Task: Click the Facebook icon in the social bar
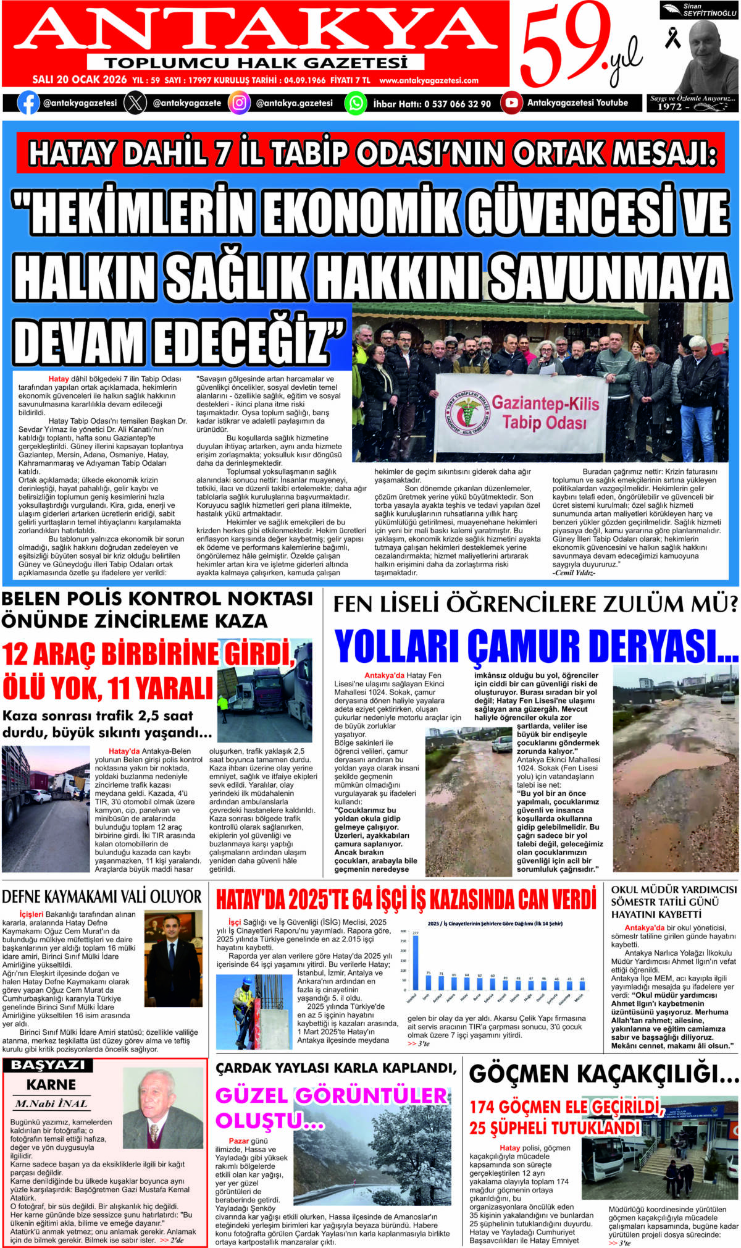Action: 28,103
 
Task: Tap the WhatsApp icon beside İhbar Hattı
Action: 356,103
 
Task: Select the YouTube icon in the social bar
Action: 511,103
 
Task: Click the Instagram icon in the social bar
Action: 239,103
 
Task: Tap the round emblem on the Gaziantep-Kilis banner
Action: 467,412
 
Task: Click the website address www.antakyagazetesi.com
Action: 429,80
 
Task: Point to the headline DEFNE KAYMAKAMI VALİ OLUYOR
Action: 102,896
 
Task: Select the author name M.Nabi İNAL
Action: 51,1104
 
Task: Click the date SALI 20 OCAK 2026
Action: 80,80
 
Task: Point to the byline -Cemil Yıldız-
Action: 574,573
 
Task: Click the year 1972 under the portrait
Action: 669,107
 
